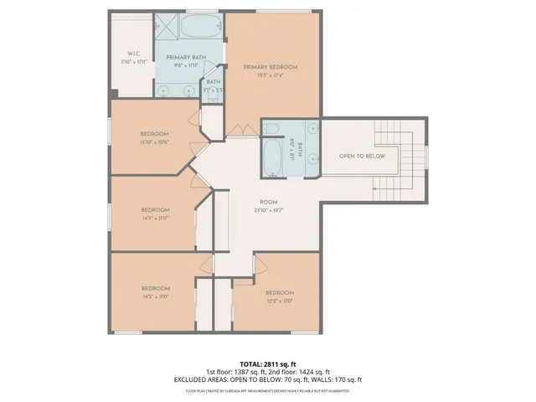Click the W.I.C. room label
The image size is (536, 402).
click(132, 54)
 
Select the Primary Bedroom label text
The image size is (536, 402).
click(271, 67)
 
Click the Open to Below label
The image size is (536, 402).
click(362, 157)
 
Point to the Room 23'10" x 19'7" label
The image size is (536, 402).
click(268, 202)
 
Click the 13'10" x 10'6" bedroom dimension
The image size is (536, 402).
click(155, 142)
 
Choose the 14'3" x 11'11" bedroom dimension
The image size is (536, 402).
click(155, 217)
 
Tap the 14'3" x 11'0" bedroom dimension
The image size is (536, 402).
click(155, 296)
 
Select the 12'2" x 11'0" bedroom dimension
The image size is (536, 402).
click(281, 300)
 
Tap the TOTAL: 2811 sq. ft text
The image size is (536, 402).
click(268, 364)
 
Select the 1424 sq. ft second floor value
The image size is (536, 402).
click(314, 372)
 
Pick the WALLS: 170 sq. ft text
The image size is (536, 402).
click(336, 379)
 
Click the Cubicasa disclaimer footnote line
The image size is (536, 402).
click(268, 389)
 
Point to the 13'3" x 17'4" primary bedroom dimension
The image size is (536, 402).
click(271, 75)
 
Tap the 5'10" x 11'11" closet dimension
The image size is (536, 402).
click(132, 62)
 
